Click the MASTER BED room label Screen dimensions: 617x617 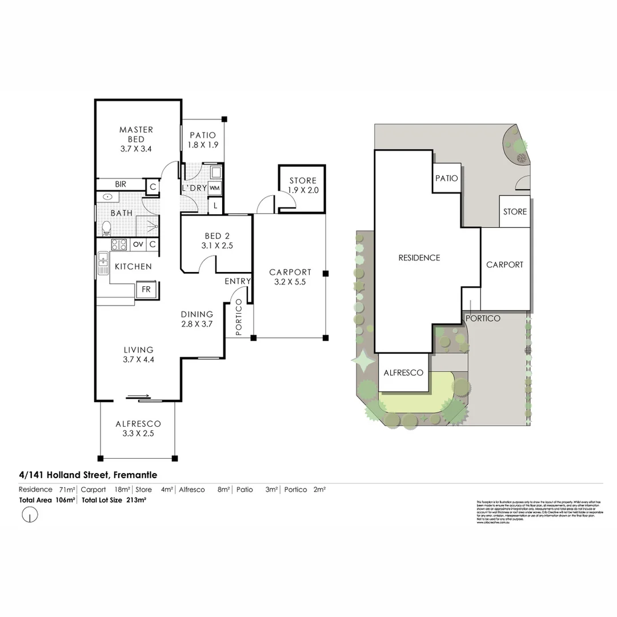click(136, 134)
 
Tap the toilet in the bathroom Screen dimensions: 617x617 click(106, 229)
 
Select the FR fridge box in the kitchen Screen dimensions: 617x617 click(146, 290)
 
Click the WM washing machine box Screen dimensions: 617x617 click(215, 188)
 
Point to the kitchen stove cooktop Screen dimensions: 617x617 click(119, 245)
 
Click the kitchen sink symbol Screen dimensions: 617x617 click(103, 263)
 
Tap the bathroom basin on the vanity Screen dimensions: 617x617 click(108, 197)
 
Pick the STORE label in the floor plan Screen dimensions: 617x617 click(303, 181)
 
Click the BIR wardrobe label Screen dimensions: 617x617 click(121, 185)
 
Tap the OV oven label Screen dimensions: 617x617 click(138, 245)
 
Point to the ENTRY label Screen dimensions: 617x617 click(237, 281)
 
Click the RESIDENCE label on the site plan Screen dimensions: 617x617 click(419, 258)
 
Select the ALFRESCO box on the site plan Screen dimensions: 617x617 click(403, 373)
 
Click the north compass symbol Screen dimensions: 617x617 click(30, 515)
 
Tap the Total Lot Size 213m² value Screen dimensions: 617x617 click(136, 500)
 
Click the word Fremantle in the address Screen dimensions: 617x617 click(135, 475)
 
